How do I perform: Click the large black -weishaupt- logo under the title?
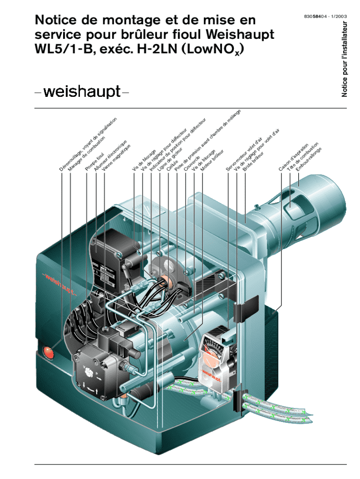click(81, 92)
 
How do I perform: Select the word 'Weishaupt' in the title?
click(240, 36)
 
